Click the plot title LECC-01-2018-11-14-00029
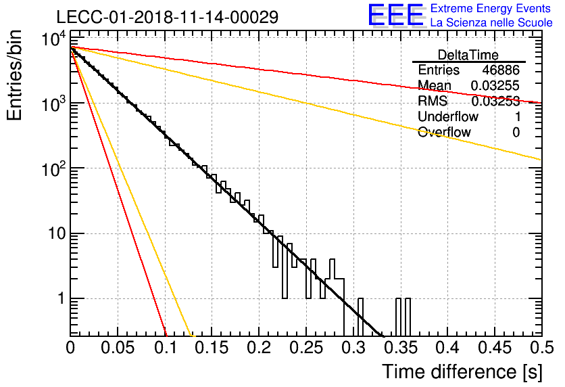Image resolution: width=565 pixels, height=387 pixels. point(168,17)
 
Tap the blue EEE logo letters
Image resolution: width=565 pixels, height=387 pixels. point(395,15)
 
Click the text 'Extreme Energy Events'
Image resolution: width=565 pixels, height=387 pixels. point(491,8)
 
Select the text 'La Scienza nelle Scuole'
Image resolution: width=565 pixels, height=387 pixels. point(491,22)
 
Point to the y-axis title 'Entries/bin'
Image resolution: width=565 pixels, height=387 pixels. point(14,75)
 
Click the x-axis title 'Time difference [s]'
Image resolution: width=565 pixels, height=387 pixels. point(462,371)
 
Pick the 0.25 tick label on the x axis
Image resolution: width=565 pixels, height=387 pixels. point(306,348)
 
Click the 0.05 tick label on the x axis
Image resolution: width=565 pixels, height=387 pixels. point(118,348)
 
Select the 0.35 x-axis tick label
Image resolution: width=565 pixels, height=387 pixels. point(400,348)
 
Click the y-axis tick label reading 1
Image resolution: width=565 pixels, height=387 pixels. point(62,298)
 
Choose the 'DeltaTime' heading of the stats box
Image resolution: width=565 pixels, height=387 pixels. point(468,55)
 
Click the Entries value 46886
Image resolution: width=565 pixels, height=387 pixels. point(501,70)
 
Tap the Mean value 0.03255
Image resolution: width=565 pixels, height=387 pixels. point(495,85)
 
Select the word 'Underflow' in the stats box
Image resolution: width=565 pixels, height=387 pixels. point(448,116)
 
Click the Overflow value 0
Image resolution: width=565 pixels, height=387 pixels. point(516,133)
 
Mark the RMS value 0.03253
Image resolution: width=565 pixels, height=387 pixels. point(495,101)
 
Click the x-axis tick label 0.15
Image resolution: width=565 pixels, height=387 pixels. point(212,348)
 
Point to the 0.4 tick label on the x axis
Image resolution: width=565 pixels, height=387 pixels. point(447,348)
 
